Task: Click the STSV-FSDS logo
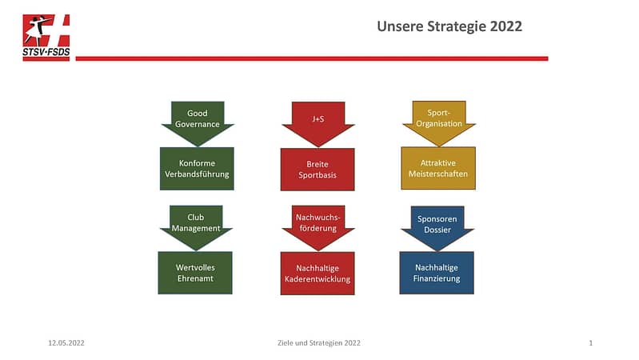pyautogui.click(x=46, y=38)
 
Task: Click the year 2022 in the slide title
pyautogui.click(x=505, y=26)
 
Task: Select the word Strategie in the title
pyautogui.click(x=457, y=27)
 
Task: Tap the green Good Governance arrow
pyautogui.click(x=198, y=123)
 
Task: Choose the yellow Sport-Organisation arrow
pyautogui.click(x=439, y=123)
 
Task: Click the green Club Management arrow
pyautogui.click(x=196, y=227)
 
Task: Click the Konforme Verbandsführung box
pyautogui.click(x=197, y=168)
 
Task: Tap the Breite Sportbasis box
pyautogui.click(x=318, y=169)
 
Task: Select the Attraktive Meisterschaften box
pyautogui.click(x=438, y=168)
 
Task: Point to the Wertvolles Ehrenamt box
pyautogui.click(x=195, y=273)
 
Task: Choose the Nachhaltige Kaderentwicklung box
pyautogui.click(x=318, y=273)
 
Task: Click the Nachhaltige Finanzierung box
pyautogui.click(x=437, y=273)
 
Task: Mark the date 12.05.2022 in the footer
pyautogui.click(x=66, y=343)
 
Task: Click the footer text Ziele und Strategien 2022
pyautogui.click(x=318, y=343)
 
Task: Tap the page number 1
pyautogui.click(x=590, y=343)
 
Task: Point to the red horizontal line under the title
pyautogui.click(x=312, y=58)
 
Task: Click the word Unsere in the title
pyautogui.click(x=400, y=26)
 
